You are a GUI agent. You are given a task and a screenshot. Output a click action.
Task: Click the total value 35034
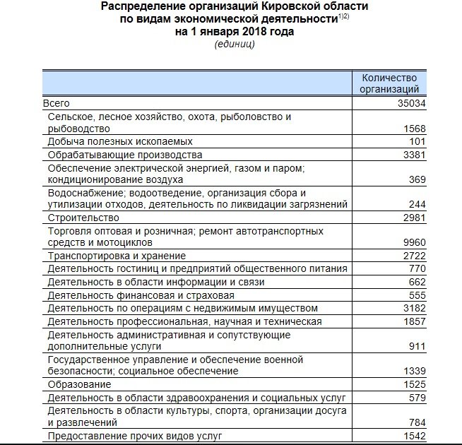411,104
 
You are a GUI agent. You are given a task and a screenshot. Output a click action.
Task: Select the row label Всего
57,104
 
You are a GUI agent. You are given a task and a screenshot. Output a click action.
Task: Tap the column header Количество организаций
389,83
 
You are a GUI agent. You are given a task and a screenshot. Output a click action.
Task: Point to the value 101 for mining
417,142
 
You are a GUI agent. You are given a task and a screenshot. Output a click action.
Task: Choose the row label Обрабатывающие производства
125,155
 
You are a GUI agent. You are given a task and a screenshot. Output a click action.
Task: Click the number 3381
413,155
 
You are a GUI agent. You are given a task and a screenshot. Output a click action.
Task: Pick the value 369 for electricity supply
416,180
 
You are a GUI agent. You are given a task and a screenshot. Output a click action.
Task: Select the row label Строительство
80,218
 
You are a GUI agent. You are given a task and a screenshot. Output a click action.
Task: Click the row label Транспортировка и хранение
117,256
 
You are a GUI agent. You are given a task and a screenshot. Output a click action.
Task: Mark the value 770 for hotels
416,269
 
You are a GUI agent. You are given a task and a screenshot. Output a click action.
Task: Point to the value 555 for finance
416,295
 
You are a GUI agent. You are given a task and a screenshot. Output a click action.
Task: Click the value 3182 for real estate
413,308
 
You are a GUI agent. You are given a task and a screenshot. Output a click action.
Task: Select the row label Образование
79,384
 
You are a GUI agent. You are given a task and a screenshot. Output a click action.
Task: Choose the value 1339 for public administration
413,372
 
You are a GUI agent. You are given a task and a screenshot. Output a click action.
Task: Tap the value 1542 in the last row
413,436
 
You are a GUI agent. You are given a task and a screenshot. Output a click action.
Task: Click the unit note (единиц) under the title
234,44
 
